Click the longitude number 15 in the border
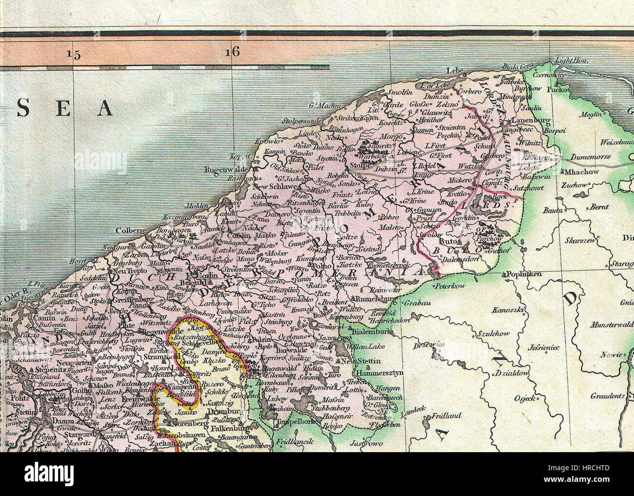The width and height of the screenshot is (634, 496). (x=74, y=54)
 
